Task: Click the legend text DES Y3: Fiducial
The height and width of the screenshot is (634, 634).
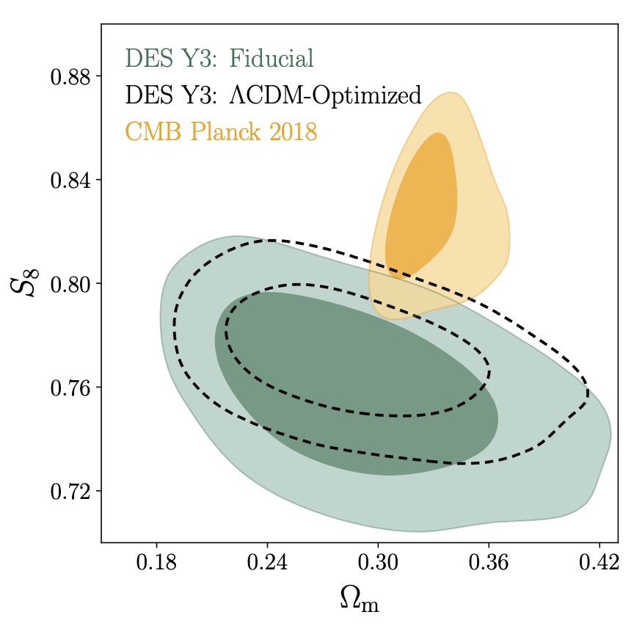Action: tap(219, 58)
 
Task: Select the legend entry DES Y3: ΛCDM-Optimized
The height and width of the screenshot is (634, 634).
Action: tap(273, 95)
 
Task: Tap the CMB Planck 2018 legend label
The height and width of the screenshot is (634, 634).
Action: tap(221, 133)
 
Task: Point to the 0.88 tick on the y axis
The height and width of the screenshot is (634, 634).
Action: tap(70, 76)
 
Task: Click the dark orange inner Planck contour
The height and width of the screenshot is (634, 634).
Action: tap(423, 205)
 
